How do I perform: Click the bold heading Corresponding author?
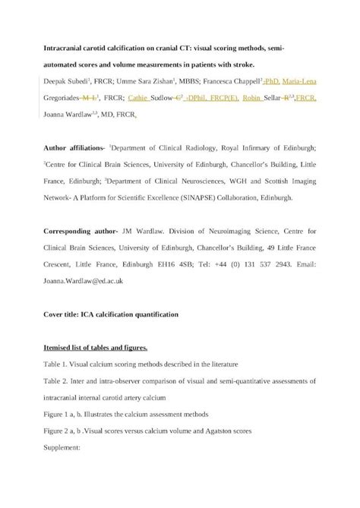click(80, 232)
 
